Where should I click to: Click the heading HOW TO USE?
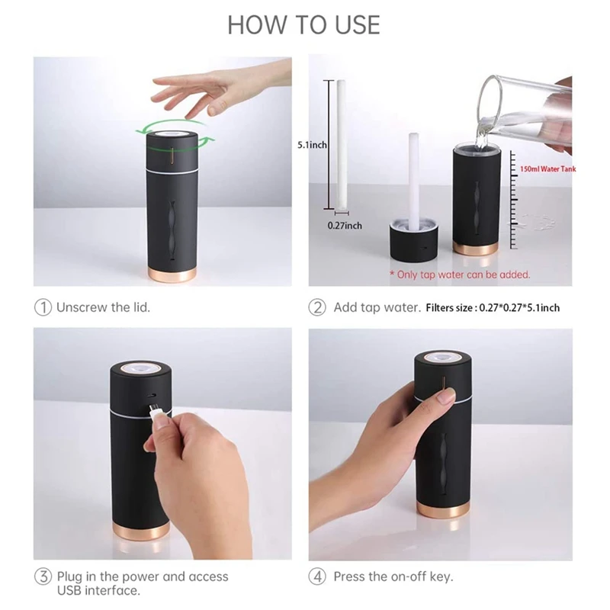(x=303, y=24)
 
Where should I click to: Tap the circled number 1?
(x=43, y=307)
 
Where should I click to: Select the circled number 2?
(x=317, y=307)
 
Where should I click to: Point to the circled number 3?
(x=43, y=576)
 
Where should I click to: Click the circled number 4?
(x=317, y=576)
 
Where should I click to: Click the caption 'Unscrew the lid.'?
(x=105, y=307)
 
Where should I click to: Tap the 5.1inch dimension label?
(x=312, y=144)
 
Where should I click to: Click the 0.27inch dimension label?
(x=345, y=226)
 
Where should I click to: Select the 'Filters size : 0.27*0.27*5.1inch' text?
(x=493, y=308)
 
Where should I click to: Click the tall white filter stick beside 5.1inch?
(x=334, y=142)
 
